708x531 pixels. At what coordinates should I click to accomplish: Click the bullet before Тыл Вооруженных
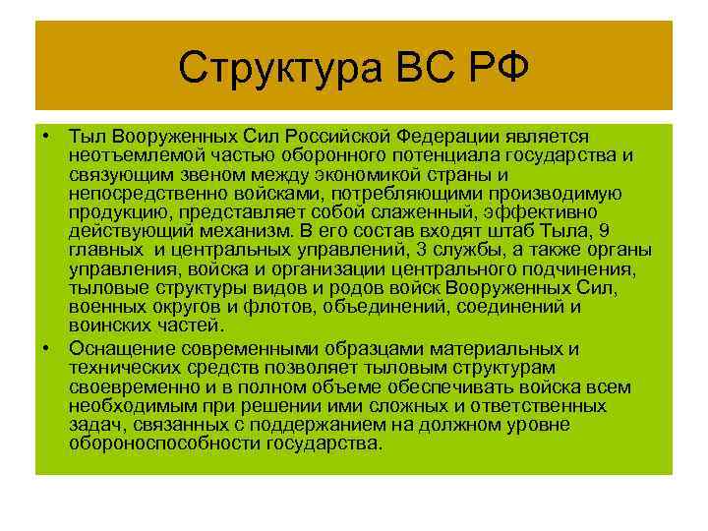tap(47, 135)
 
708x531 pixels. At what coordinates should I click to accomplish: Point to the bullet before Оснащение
tap(47, 349)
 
